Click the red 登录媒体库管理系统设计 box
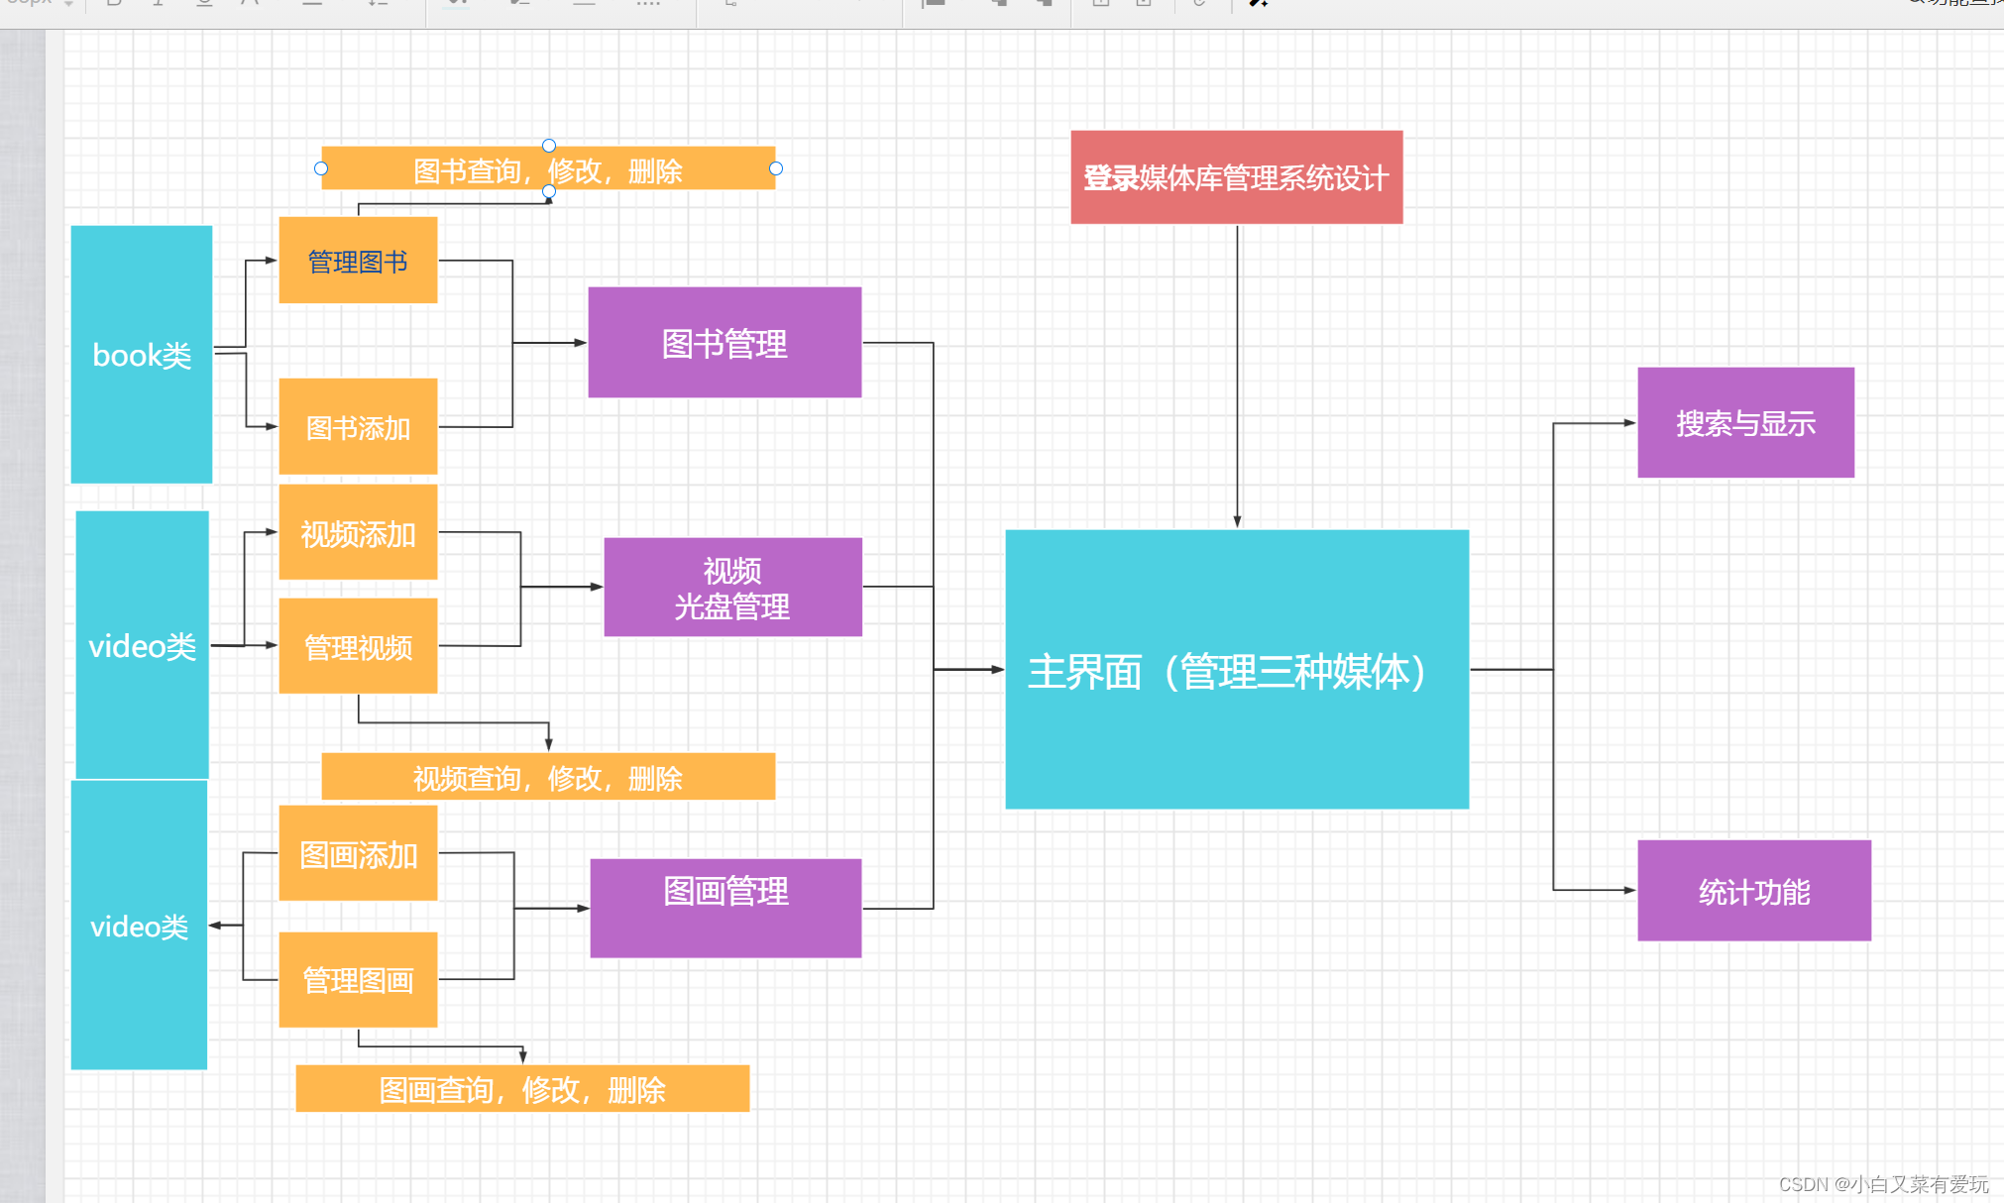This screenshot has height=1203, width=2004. (x=1236, y=177)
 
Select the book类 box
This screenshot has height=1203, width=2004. (x=142, y=355)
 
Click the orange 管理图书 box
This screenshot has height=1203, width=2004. (x=358, y=261)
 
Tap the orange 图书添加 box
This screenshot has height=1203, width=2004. (x=358, y=427)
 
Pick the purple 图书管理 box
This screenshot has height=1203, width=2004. (x=724, y=343)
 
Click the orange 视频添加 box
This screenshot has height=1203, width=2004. (x=358, y=533)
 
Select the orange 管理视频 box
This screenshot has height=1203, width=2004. (x=358, y=646)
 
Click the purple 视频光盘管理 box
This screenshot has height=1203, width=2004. (x=732, y=587)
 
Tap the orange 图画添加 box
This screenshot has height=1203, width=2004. (x=358, y=853)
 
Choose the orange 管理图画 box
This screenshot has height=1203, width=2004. (x=358, y=979)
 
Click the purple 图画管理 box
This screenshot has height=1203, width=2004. (x=725, y=908)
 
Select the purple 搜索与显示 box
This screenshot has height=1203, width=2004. (x=1745, y=423)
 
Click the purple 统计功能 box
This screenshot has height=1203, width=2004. (x=1753, y=891)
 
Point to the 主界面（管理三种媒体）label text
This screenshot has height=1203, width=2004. (x=1227, y=672)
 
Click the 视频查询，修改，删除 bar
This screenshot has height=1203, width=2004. (x=548, y=777)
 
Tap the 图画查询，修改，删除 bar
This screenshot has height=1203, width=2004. (x=522, y=1089)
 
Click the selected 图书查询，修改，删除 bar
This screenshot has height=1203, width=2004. (x=548, y=169)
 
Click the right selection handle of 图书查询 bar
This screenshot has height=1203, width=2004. (x=776, y=168)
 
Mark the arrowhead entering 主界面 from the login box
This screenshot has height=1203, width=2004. (x=1237, y=521)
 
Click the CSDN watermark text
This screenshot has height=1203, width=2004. (x=1882, y=1184)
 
